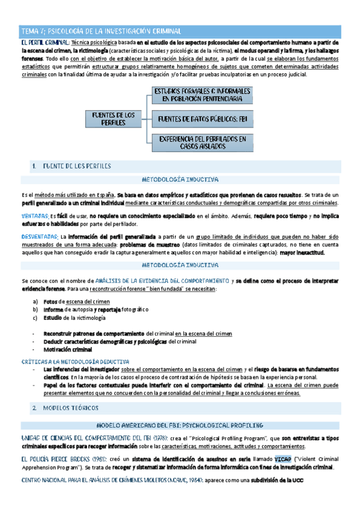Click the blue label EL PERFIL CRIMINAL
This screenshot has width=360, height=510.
coord(44,43)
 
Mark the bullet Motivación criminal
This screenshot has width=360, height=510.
coord(69,349)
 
